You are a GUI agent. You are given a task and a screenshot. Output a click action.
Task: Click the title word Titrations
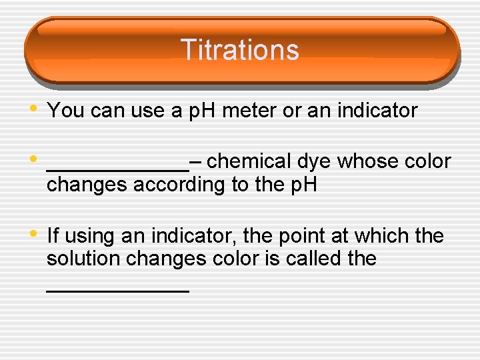pyautogui.click(x=239, y=50)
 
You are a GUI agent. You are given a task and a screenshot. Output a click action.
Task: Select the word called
pyautogui.click(x=313, y=259)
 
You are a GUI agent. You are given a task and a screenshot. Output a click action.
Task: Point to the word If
pyautogui.click(x=53, y=235)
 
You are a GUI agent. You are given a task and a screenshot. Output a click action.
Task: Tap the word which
pyautogui.click(x=385, y=235)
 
